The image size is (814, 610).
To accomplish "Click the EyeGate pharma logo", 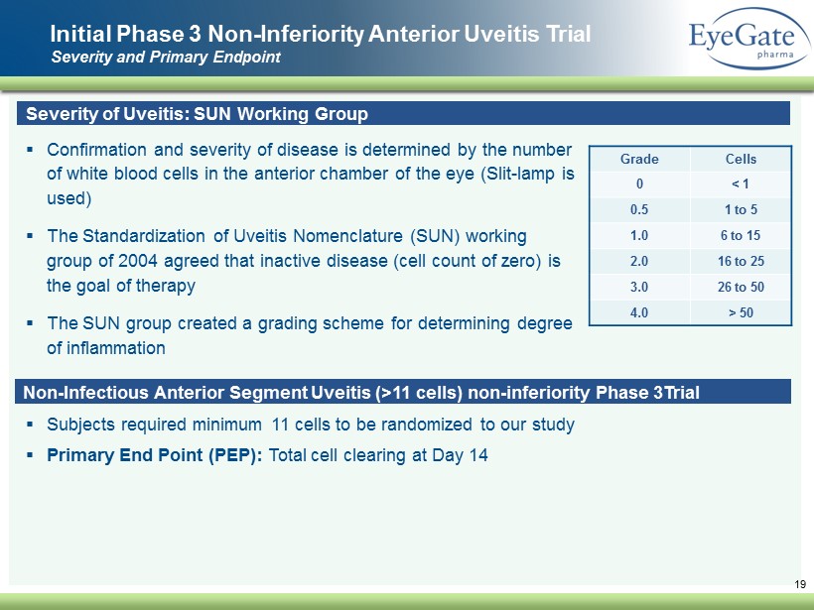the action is pos(750,38).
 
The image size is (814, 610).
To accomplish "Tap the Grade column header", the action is pos(639,159).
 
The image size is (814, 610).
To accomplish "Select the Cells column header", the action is pos(741,159).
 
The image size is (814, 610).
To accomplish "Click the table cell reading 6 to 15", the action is pos(741,235).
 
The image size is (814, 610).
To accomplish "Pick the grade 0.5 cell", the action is pos(639,209).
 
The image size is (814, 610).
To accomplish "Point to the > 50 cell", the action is pos(741,312).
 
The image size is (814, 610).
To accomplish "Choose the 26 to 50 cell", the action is pos(741,287).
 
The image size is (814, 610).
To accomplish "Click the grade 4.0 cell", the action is pos(639,312).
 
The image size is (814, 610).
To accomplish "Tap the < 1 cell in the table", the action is pos(741,183).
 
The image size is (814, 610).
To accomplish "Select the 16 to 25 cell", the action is pos(741,261).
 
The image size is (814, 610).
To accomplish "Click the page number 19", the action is pos(800,584).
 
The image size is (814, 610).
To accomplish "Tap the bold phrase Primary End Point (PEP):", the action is pos(155,455).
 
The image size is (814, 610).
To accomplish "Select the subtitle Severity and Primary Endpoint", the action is pos(166,57).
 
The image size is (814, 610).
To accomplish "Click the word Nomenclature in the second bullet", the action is pos(348,236).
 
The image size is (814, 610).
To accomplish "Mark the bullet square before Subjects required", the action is pos(30,425).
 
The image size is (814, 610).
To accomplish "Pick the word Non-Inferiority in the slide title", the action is pos(286,35).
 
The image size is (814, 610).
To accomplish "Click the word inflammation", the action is pos(106,348).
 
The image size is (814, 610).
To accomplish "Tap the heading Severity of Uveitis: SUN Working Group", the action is pos(197,114).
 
